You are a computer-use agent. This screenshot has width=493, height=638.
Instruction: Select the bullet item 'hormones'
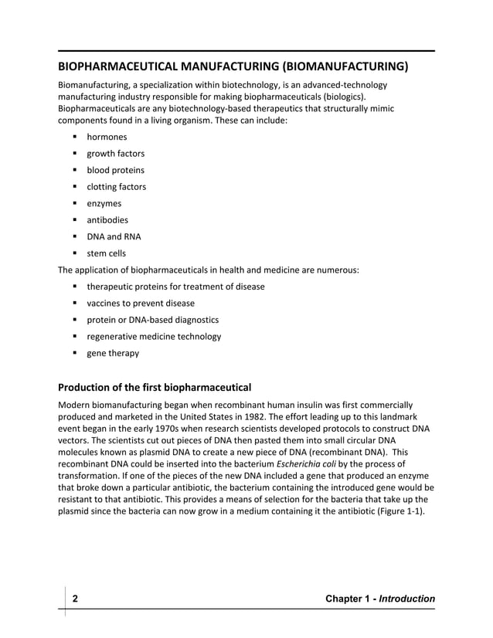(107, 137)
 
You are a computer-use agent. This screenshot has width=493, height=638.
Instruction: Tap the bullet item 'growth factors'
(115, 154)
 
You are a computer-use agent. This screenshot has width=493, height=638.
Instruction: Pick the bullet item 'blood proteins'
(115, 170)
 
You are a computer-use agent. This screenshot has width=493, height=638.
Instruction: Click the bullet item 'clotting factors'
(116, 187)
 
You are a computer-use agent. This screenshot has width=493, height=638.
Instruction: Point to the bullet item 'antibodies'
(107, 220)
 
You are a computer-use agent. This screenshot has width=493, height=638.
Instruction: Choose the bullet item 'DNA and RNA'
(114, 236)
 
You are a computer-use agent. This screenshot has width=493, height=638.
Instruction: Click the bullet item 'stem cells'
(106, 253)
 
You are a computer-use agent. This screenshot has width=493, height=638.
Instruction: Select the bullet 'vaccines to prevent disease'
(140, 304)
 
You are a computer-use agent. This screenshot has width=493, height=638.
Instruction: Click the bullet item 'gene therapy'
(113, 353)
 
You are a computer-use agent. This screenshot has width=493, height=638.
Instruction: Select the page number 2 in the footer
(76, 599)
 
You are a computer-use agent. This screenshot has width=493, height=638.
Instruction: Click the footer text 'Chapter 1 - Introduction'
(381, 599)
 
